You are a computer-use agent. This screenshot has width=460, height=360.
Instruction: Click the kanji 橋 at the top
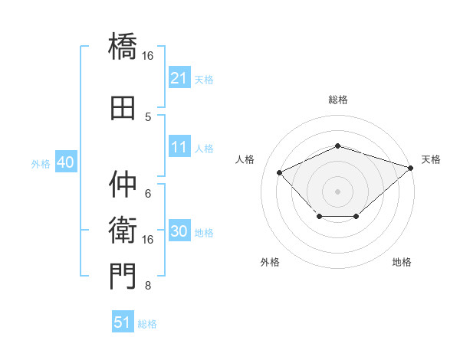[123, 46]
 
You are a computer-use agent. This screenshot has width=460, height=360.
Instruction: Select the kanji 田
[123, 108]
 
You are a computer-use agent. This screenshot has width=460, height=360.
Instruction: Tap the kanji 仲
[123, 184]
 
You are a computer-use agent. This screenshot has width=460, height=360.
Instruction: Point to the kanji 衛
[123, 230]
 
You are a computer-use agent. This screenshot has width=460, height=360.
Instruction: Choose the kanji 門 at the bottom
[123, 277]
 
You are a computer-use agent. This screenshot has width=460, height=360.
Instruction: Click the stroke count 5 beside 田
[148, 117]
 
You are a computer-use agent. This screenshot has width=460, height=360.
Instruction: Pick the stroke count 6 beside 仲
[148, 194]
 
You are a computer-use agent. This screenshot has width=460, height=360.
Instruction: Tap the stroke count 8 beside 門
[148, 286]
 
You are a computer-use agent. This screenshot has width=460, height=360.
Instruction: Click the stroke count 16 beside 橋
[147, 56]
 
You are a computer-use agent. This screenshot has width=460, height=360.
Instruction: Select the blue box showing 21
[179, 77]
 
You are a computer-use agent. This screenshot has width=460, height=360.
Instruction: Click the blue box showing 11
[179, 146]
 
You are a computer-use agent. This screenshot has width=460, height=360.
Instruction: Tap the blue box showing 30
[179, 230]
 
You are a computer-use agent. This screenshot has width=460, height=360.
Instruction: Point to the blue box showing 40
[66, 162]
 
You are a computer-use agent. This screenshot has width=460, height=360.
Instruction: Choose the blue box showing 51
[123, 321]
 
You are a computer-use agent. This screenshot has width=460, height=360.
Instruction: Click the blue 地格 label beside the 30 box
[204, 233]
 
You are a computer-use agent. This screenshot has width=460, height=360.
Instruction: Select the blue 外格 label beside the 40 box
[41, 164]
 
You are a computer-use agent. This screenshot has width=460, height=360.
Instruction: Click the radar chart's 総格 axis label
[338, 100]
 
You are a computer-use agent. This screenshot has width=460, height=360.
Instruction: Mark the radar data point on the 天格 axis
[411, 168]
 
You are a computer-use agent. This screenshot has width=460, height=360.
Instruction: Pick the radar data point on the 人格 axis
[280, 172]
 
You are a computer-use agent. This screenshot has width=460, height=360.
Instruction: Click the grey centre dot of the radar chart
[337, 191]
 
